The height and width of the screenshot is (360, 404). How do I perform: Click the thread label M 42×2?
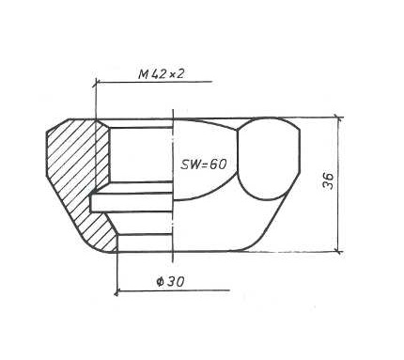(161, 74)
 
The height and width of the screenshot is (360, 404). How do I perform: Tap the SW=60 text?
(203, 164)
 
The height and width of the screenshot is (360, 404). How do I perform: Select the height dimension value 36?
(328, 180)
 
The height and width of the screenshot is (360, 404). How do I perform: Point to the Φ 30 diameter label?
(170, 282)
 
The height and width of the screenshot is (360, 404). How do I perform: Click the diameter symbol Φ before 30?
(161, 282)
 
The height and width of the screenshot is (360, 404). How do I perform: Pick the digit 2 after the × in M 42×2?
(180, 73)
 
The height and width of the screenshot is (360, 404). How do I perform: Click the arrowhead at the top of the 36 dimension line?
(338, 119)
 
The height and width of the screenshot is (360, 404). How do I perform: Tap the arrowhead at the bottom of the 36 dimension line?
(338, 249)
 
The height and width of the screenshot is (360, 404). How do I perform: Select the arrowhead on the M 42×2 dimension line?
(98, 82)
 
